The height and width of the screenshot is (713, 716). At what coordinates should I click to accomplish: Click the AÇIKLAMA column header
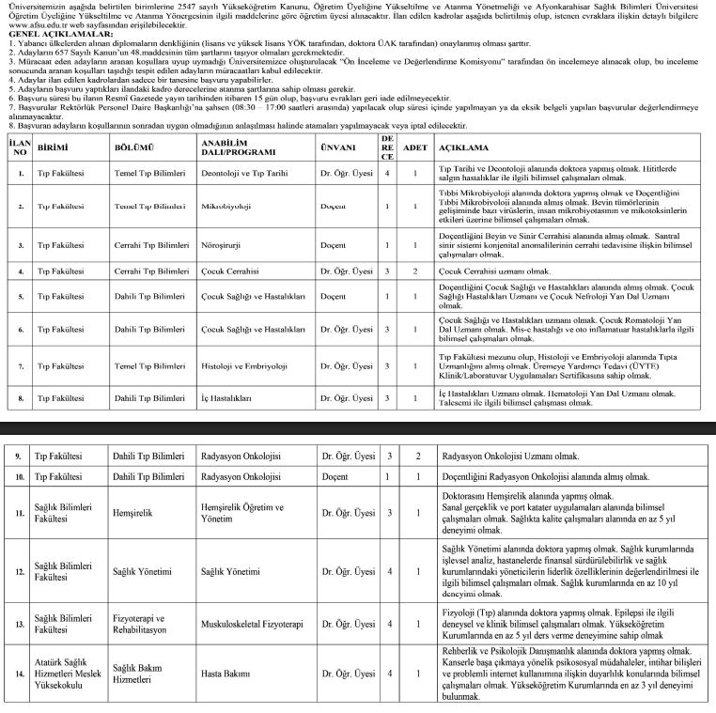[464, 147]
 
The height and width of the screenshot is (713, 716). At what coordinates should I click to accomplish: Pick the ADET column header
[414, 147]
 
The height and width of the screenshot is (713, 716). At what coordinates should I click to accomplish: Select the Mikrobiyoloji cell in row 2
[226, 204]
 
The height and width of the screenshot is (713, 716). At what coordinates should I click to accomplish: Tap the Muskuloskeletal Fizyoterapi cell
[252, 623]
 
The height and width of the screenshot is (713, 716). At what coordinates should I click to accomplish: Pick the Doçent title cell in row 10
[336, 476]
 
